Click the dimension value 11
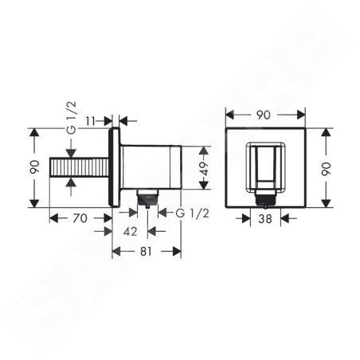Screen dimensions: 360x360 click(x=90, y=121)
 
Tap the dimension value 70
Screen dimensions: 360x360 click(x=80, y=218)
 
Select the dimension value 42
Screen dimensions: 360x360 click(x=130, y=232)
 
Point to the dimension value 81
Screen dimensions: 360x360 click(x=146, y=251)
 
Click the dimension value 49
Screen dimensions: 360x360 click(x=205, y=168)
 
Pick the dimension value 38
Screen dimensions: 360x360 click(x=265, y=219)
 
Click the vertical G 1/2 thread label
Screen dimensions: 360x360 click(x=71, y=117)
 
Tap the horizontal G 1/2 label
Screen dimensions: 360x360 click(x=193, y=213)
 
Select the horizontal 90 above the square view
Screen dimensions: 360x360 click(x=264, y=115)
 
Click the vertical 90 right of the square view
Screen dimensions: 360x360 click(x=327, y=169)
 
